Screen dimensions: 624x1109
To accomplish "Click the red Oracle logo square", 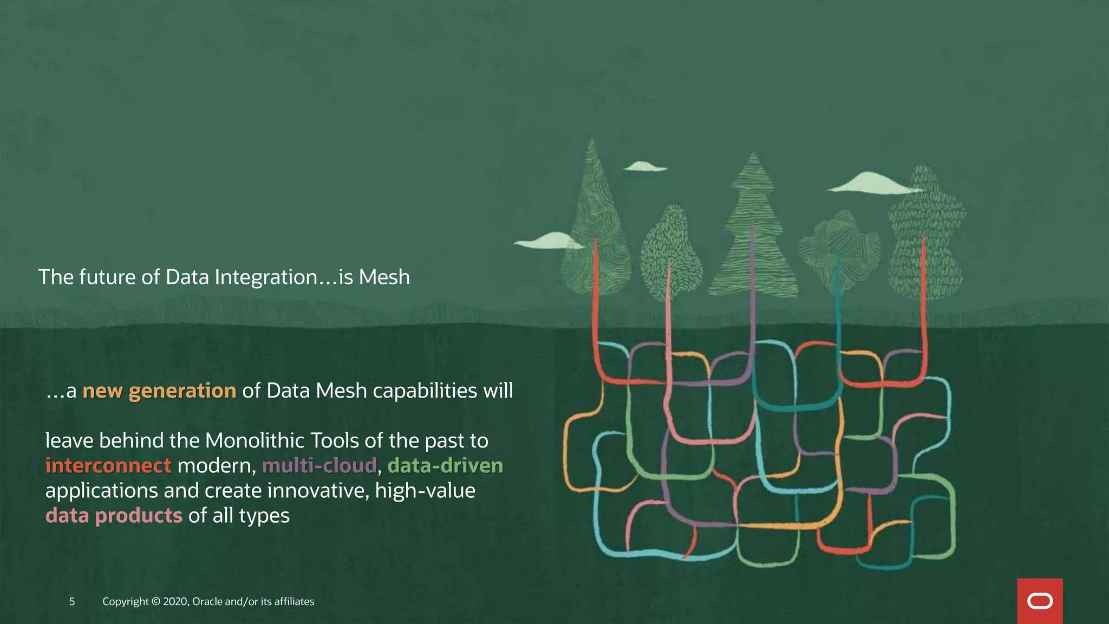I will click(1040, 601).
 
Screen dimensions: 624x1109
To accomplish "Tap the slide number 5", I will click(72, 601).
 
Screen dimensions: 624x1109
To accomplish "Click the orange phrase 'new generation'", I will click(159, 391).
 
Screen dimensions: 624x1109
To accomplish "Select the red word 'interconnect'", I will click(108, 465).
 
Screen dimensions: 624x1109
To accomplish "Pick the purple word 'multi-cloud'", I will click(319, 465).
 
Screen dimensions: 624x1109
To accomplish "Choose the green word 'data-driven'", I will click(445, 465).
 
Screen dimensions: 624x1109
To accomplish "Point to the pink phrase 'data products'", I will click(114, 515).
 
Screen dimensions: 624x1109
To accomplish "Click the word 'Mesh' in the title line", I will click(384, 277).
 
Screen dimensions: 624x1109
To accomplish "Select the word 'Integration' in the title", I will click(265, 277).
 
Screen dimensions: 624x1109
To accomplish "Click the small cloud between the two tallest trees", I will click(644, 166).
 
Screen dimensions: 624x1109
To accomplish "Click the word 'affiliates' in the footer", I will click(294, 601).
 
